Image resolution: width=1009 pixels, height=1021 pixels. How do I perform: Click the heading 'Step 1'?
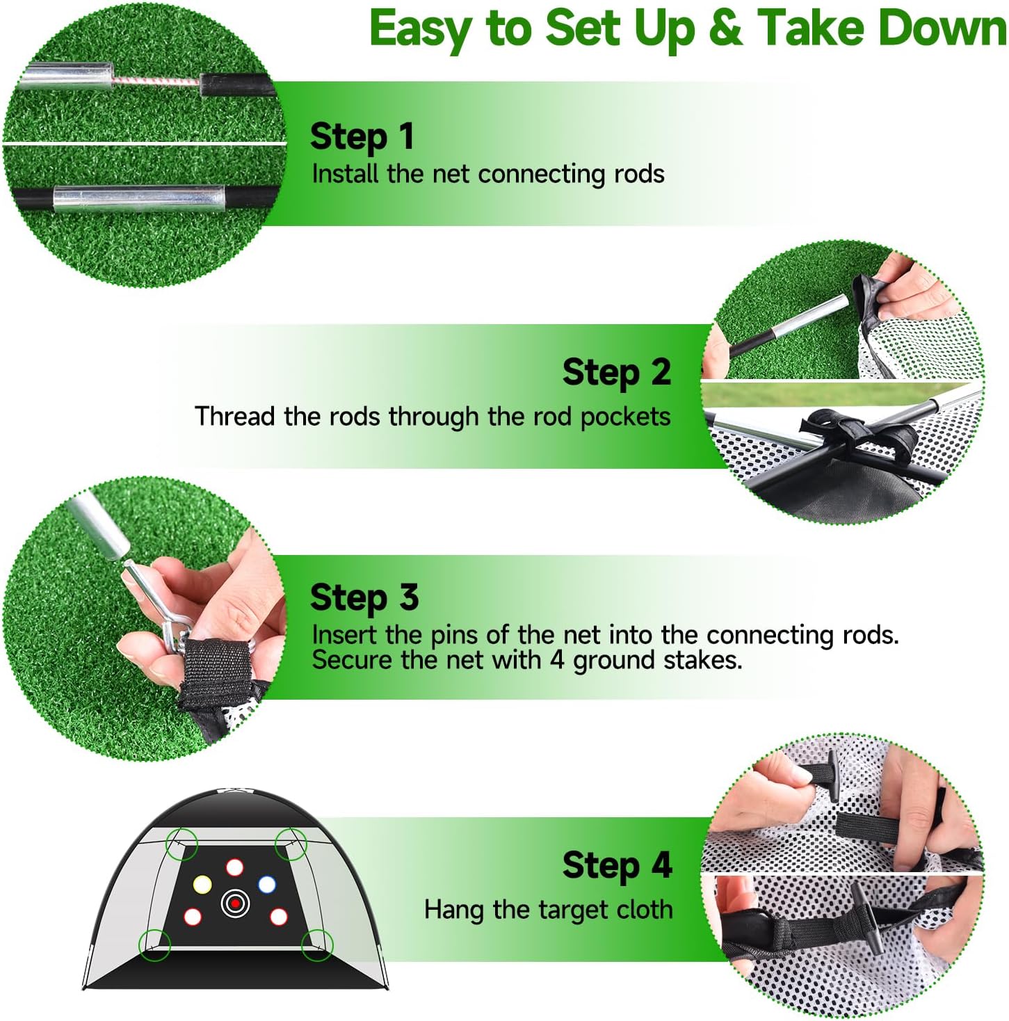(362, 136)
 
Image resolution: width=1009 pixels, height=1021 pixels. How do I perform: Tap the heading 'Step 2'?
(616, 372)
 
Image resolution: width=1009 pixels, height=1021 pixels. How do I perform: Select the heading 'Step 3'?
(364, 597)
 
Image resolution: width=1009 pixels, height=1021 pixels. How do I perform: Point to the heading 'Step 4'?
(617, 866)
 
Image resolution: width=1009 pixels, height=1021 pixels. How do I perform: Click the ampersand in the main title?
(725, 29)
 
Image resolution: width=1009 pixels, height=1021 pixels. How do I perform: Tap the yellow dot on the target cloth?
(202, 885)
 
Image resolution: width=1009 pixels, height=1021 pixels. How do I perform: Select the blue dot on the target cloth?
(267, 885)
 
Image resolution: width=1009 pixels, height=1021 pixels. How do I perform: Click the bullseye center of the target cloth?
(235, 903)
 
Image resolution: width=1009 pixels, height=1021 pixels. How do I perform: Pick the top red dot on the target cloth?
(234, 867)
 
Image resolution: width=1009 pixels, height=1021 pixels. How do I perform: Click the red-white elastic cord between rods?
(156, 83)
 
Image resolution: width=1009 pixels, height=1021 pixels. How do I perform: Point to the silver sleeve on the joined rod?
(139, 199)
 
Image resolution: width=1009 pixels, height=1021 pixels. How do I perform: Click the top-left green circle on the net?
(182, 844)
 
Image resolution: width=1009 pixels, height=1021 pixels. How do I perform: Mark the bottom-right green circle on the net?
(317, 944)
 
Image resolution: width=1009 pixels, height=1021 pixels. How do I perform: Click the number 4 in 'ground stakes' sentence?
(556, 659)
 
